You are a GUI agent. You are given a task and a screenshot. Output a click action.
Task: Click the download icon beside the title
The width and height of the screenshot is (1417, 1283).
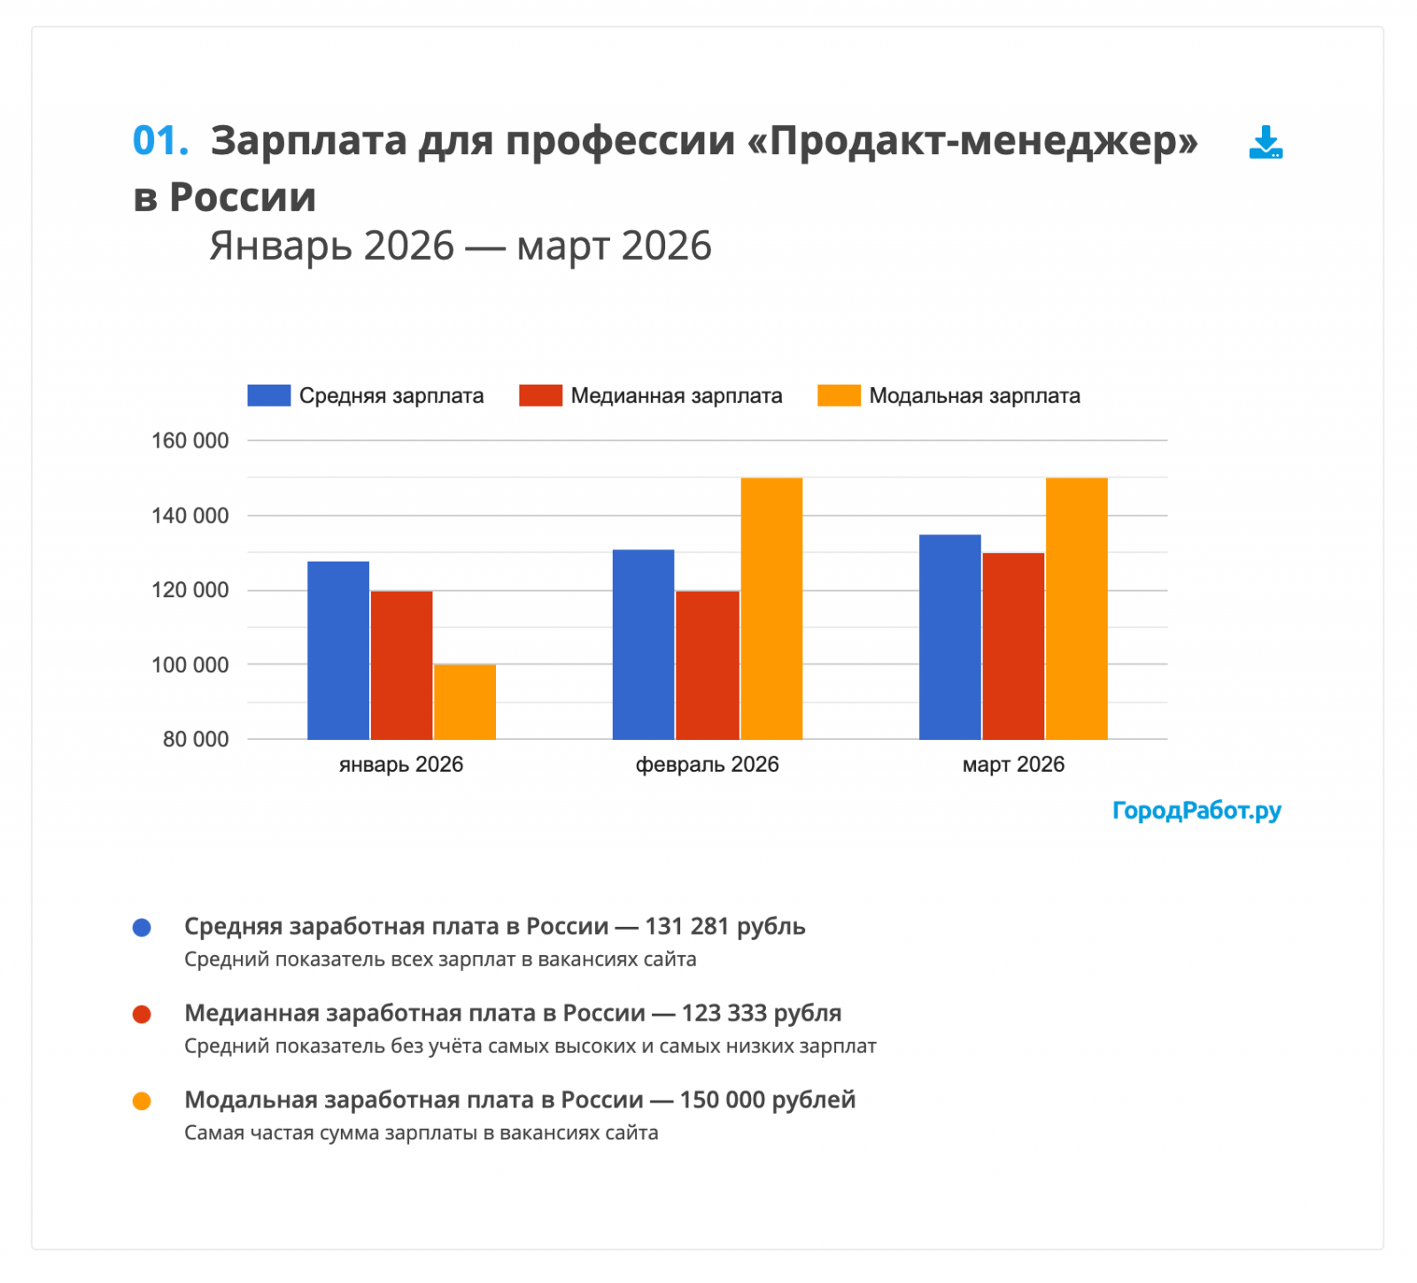coord(1266,142)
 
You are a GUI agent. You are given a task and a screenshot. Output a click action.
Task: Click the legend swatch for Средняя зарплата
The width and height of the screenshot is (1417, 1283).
coord(268,395)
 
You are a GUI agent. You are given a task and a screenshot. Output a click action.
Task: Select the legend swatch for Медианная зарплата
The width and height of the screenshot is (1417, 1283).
coord(540,395)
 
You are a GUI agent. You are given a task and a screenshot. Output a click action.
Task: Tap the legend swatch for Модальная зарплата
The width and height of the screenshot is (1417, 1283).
coord(839,395)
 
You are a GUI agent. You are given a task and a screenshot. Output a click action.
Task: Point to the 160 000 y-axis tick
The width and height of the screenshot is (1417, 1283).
coord(190,440)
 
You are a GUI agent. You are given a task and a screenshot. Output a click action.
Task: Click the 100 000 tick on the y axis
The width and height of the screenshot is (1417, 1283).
coord(190,665)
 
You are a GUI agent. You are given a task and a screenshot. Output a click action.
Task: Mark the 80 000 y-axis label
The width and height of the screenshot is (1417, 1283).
coord(195,739)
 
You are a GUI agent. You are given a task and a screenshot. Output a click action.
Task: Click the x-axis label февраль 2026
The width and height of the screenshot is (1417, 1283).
coord(707,765)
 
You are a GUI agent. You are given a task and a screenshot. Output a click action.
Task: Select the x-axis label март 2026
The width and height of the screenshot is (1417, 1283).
coord(1013,765)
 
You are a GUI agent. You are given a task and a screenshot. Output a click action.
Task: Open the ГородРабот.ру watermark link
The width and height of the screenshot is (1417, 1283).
coord(1196,810)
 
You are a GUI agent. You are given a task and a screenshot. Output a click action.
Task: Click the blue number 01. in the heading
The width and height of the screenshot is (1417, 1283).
coord(160,141)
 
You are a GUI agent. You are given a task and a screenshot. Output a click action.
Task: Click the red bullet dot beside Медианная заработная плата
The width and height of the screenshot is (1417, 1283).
coord(142,1014)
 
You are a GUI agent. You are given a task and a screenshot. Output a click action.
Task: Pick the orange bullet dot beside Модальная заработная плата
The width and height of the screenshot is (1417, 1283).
coord(142,1100)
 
